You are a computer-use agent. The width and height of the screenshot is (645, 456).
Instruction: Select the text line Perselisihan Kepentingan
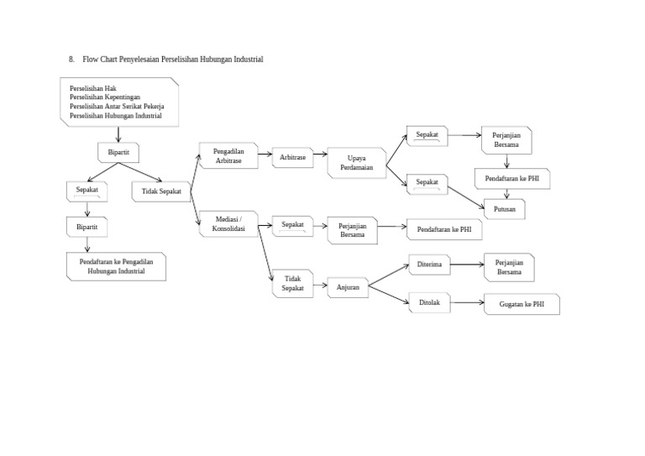tap(105, 97)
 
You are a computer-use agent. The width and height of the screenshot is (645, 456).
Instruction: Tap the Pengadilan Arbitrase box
tap(228, 155)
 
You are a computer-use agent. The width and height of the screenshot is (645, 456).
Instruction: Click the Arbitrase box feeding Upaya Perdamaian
tap(292, 156)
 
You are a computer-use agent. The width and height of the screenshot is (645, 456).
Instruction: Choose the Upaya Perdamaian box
tap(356, 162)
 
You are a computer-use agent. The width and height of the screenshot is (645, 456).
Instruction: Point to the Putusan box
tap(504, 208)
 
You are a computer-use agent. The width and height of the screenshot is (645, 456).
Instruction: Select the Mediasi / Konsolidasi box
tap(228, 223)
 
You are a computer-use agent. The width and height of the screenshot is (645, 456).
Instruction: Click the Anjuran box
tap(348, 288)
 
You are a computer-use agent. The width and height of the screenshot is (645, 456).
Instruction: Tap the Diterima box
tap(429, 265)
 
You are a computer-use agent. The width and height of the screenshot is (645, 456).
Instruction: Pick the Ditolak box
tap(429, 302)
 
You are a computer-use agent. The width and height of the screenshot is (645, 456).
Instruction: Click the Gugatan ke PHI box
tap(522, 304)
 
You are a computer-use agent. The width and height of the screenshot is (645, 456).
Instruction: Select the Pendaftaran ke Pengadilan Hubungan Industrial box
tap(116, 266)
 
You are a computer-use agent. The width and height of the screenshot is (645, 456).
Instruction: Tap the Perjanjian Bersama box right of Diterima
tap(508, 267)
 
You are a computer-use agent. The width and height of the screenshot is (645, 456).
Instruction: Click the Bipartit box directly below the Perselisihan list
tap(118, 153)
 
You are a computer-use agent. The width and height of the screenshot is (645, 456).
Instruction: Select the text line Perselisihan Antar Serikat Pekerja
tap(117, 107)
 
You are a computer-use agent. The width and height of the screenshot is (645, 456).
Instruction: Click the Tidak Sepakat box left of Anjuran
tap(292, 283)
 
